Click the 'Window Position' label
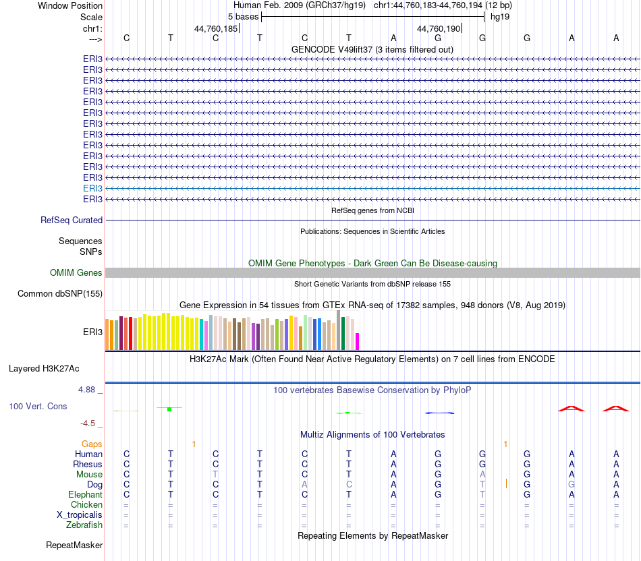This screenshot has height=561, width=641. (70, 5)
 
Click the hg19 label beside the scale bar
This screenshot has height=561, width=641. (500, 16)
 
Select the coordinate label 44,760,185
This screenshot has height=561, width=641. (216, 28)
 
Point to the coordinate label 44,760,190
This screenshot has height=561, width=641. (439, 28)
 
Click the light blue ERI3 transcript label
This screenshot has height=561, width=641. (92, 188)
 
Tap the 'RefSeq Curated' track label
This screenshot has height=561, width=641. (72, 220)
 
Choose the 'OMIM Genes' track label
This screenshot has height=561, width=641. (76, 272)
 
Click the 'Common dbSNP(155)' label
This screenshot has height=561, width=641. (60, 293)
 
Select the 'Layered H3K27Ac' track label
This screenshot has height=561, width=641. (44, 368)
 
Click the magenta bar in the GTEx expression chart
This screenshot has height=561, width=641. (358, 341)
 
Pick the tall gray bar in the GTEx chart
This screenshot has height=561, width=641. (339, 330)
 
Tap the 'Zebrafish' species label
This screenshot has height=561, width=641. (84, 525)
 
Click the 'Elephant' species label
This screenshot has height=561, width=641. (85, 494)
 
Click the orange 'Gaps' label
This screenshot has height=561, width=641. (92, 444)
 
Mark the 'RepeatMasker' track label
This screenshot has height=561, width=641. (74, 545)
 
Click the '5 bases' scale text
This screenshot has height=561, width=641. (238, 16)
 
